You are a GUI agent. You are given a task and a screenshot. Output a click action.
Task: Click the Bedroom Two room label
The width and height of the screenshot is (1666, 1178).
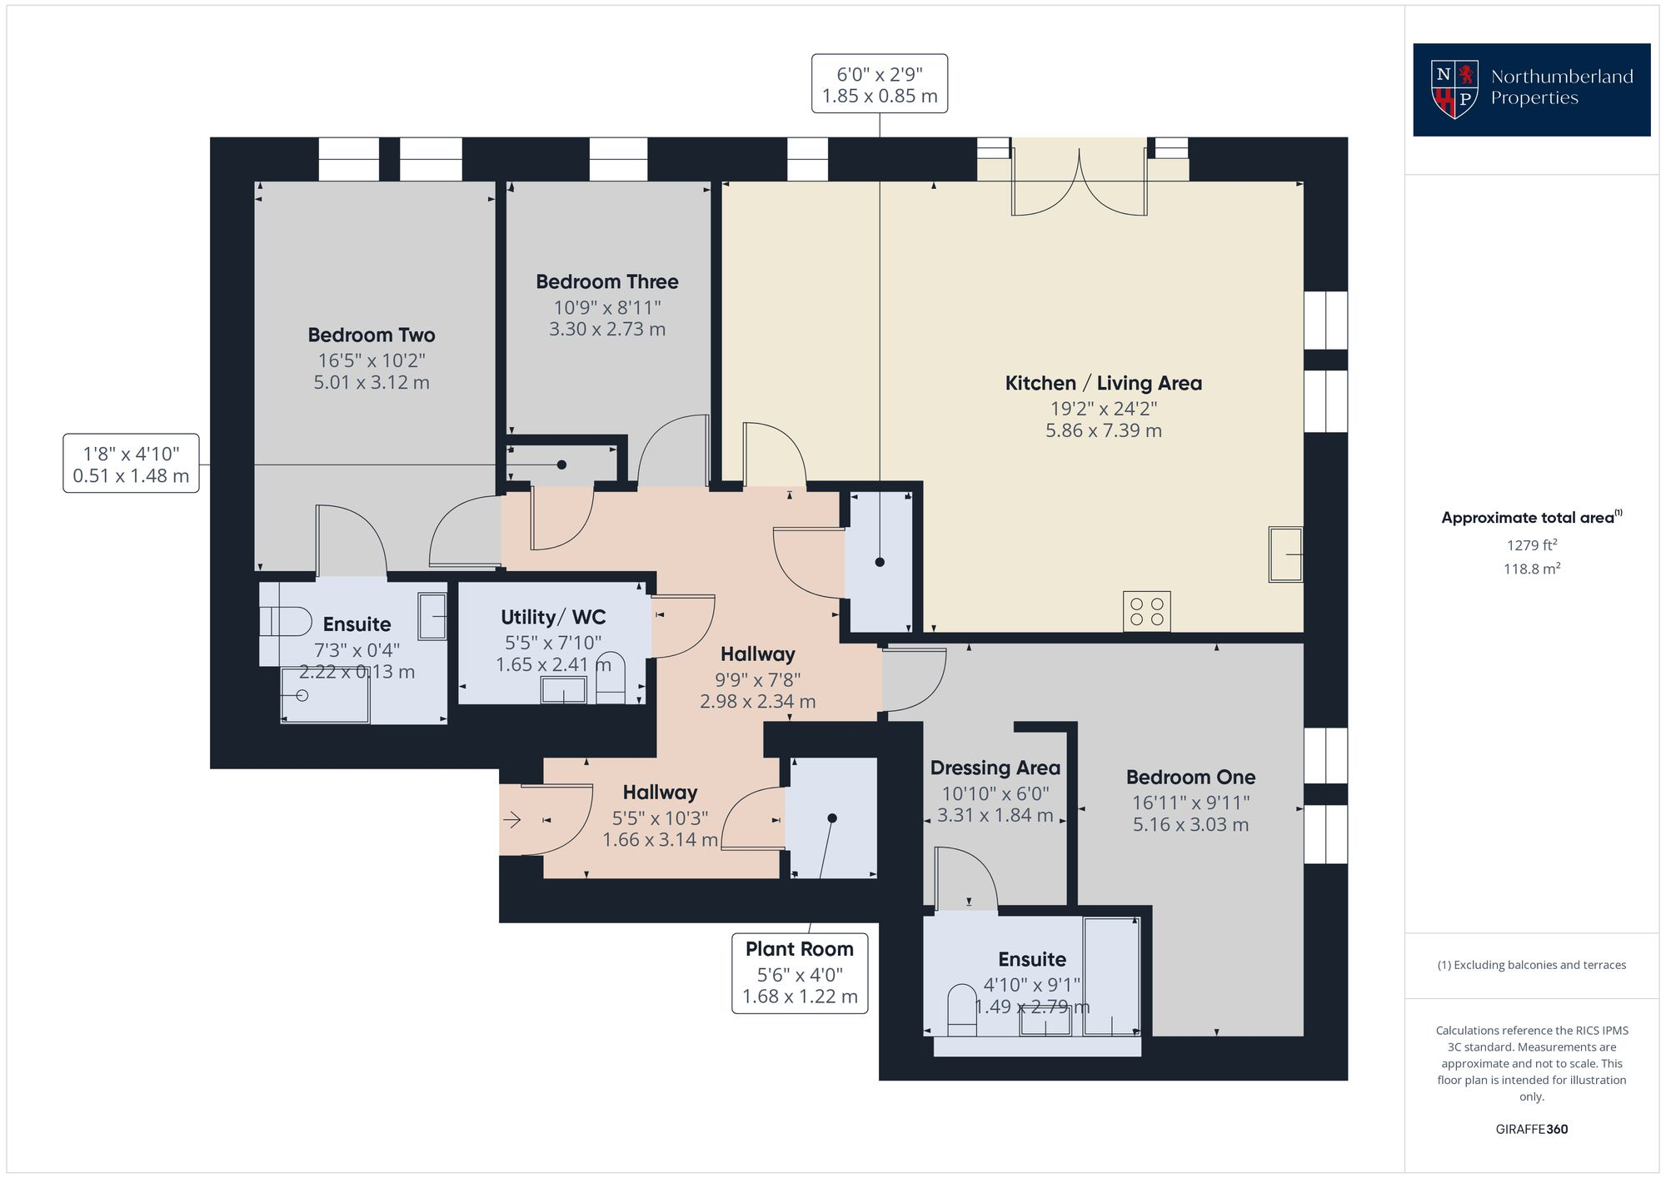tap(372, 336)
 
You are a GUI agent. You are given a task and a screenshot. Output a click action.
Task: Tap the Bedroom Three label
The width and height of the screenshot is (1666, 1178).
tap(606, 282)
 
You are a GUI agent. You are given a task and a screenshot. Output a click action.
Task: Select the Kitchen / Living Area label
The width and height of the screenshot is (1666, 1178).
tap(1103, 384)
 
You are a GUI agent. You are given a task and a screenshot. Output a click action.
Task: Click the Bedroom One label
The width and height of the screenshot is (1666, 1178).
tap(1190, 778)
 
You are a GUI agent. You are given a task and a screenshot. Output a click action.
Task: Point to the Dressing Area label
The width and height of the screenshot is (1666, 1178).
tap(995, 768)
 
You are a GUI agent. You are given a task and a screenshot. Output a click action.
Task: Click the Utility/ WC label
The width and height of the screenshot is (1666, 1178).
tap(553, 618)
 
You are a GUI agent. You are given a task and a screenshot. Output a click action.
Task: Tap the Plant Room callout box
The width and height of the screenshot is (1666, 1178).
tap(800, 972)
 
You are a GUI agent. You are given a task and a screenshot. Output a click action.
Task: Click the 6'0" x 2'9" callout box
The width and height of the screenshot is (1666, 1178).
tap(880, 84)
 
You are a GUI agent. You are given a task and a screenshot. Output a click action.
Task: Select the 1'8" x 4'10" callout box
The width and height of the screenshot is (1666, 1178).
tap(131, 464)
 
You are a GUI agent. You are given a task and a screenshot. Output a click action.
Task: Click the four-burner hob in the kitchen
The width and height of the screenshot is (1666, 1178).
tap(1146, 611)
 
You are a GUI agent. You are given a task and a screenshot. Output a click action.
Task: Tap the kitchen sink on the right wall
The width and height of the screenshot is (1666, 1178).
tap(1285, 554)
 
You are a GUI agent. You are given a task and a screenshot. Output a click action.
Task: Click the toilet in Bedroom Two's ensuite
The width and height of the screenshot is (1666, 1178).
tap(283, 621)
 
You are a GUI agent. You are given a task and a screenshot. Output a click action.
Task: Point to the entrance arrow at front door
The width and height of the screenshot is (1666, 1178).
tap(511, 820)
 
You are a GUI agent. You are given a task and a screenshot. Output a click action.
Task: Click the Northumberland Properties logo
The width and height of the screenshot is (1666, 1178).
tap(1531, 89)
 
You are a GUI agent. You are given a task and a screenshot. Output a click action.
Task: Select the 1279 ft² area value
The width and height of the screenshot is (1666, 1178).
tap(1531, 545)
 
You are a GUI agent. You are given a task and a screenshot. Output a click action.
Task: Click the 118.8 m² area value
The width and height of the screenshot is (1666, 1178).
tap(1531, 569)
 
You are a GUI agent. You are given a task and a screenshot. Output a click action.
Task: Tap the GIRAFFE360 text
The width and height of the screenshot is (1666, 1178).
tap(1531, 1130)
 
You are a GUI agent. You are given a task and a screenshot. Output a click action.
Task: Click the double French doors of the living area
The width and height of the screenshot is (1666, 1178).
tap(1079, 183)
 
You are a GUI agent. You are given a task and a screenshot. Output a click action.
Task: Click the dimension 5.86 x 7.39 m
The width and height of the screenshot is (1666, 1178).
tap(1103, 431)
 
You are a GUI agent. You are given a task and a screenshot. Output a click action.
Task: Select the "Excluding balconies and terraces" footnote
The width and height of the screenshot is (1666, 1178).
tap(1531, 966)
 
